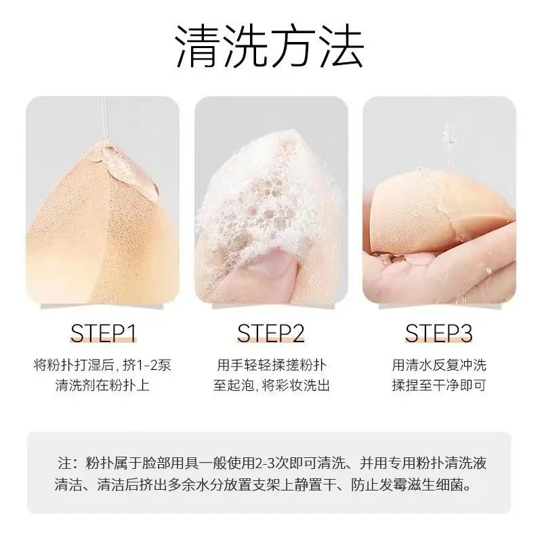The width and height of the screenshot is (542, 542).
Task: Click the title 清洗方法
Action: pyautogui.click(x=270, y=46)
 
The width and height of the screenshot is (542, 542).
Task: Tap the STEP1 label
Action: pyautogui.click(x=103, y=333)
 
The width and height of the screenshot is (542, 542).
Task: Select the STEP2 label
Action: pyautogui.click(x=271, y=333)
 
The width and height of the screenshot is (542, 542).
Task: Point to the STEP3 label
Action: pyautogui.click(x=439, y=333)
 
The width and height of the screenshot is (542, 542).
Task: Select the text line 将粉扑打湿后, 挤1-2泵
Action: pyautogui.click(x=103, y=365)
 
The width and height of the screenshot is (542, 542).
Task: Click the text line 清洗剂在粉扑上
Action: pyautogui.click(x=103, y=385)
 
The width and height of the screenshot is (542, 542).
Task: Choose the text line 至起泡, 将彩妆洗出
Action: pyautogui.click(x=272, y=385)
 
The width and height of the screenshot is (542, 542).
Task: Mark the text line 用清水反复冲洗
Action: pyautogui.click(x=439, y=365)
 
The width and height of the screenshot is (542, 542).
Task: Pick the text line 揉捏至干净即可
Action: pyautogui.click(x=439, y=385)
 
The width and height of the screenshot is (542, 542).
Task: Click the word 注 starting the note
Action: pyautogui.click(x=64, y=463)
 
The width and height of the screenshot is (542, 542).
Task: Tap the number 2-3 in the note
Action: pyautogui.click(x=264, y=463)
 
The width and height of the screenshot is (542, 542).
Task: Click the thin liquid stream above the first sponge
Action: pyautogui.click(x=105, y=119)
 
